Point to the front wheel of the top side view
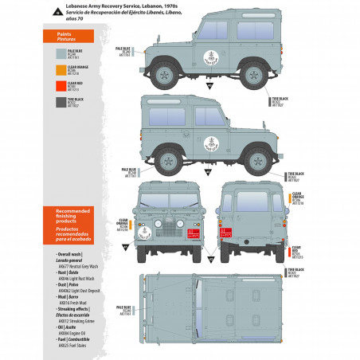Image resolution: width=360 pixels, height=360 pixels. [165, 74]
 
